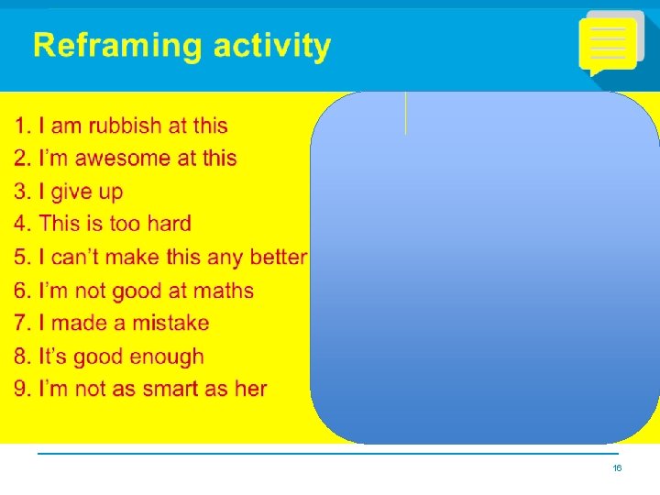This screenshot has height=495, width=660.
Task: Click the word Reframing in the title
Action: click(115, 47)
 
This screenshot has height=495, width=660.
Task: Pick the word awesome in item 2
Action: click(122, 159)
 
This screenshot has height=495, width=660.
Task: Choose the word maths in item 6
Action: click(222, 291)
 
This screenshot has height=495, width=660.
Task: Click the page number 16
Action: click(617, 468)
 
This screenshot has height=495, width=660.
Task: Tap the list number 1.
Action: click(21, 126)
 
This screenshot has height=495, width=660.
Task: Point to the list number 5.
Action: click(21, 258)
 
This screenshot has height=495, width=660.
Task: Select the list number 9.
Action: click(21, 390)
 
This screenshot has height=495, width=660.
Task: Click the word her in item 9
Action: click(250, 390)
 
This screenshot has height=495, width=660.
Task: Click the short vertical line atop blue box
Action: click(405, 114)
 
